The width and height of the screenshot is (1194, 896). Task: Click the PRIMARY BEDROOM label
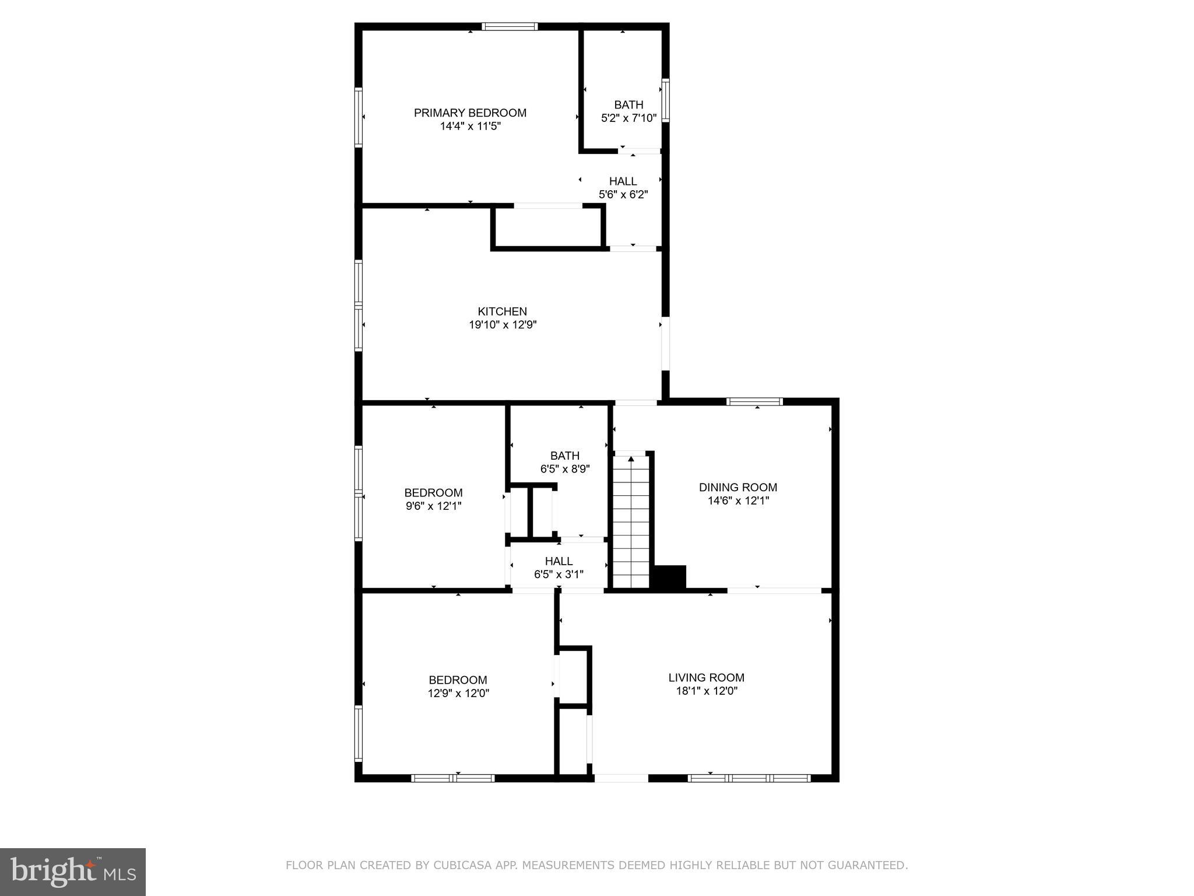click(x=470, y=113)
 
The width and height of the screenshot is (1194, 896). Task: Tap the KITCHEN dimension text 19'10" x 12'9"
click(x=503, y=325)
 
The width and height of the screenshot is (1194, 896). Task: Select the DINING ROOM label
click(x=738, y=487)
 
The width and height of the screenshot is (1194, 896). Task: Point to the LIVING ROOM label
click(x=706, y=677)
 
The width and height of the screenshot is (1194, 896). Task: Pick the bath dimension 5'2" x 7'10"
click(x=628, y=118)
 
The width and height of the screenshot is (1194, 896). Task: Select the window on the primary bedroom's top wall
click(x=510, y=26)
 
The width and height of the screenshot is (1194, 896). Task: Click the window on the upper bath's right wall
click(x=665, y=101)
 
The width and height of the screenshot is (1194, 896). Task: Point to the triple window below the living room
click(x=749, y=778)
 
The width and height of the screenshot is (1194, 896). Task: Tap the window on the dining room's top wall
click(x=754, y=401)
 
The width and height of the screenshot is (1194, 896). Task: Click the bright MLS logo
click(x=73, y=872)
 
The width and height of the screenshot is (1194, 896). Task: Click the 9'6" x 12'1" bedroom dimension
click(x=433, y=506)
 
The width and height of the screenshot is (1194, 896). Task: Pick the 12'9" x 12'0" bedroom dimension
click(x=458, y=694)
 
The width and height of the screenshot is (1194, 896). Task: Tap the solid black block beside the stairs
click(x=670, y=576)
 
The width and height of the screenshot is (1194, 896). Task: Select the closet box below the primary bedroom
click(x=547, y=228)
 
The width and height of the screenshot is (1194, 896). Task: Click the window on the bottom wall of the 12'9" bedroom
click(x=453, y=778)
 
